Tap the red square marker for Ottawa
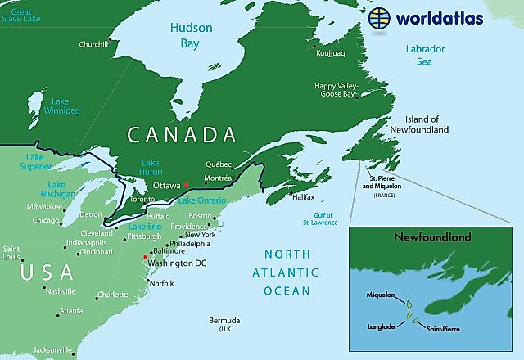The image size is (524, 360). tap(187, 184)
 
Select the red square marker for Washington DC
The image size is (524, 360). tap(146, 258)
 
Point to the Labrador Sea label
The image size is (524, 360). tap(426, 56)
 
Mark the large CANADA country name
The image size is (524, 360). tap(181, 134)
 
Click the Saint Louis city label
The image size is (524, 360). tap(11, 252)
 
